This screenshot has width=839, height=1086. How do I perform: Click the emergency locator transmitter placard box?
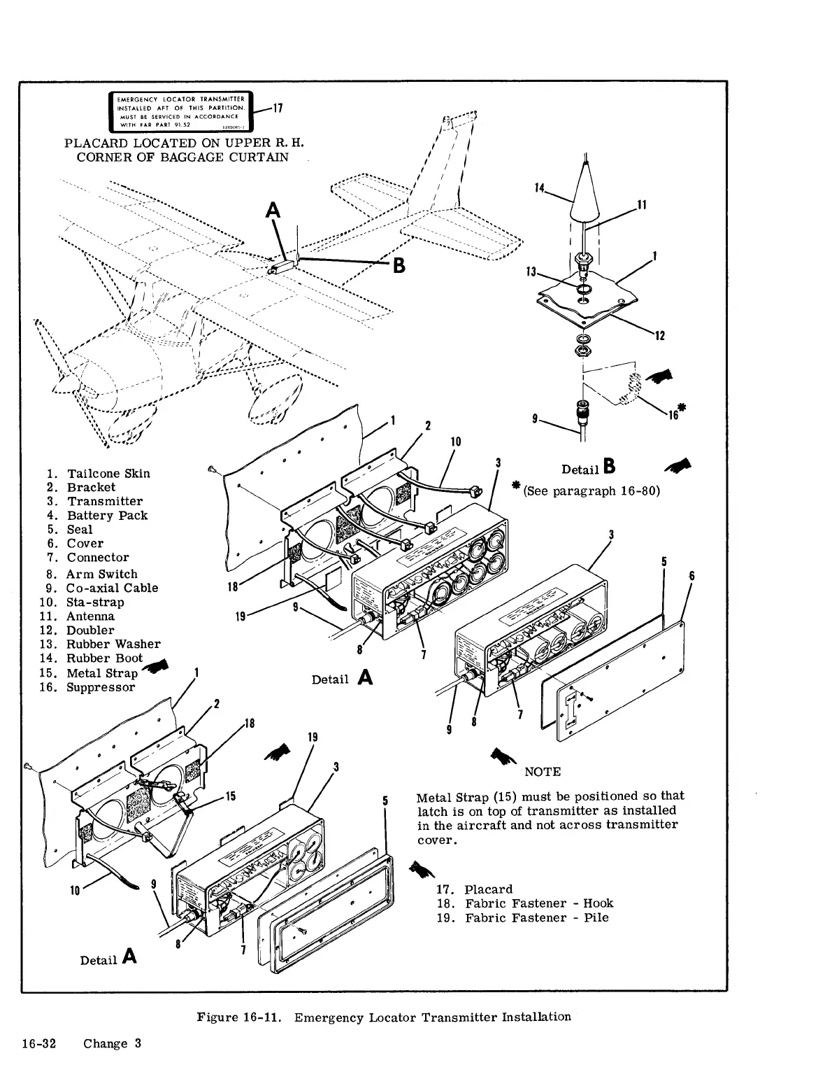point(179,111)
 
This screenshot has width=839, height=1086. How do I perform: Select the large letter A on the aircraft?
point(271,210)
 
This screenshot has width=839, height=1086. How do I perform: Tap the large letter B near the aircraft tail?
point(399,266)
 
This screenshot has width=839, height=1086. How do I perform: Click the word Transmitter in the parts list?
point(104,502)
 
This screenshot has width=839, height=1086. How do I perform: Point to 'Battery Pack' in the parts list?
point(107,516)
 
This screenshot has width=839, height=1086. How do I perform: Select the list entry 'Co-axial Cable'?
point(112,588)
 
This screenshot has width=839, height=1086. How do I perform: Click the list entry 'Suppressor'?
point(101,688)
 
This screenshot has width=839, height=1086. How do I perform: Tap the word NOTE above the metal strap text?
point(542,772)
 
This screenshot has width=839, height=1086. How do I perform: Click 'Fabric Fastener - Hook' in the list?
point(538,903)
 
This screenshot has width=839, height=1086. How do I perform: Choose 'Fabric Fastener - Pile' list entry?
point(537,917)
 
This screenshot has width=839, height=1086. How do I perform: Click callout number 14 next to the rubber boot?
point(539,188)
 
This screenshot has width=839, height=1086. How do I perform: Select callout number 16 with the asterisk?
point(674,414)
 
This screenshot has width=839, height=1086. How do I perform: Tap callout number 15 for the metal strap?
point(230,796)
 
